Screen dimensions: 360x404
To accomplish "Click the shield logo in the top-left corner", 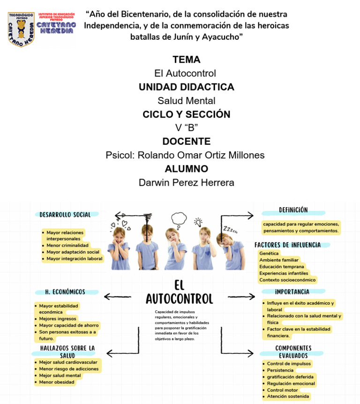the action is (21, 29).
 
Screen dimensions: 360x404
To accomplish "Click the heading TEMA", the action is (186, 60).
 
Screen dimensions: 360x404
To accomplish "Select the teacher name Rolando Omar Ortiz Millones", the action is (185, 155).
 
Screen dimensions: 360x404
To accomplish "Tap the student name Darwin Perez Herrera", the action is (186, 182).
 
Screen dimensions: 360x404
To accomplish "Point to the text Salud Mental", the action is (186, 100).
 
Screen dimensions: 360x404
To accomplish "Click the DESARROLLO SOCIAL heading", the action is (65, 215).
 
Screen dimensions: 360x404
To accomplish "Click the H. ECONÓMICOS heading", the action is (65, 292).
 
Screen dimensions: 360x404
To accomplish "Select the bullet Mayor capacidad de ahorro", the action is (69, 325).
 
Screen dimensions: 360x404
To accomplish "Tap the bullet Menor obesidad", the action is (56, 382).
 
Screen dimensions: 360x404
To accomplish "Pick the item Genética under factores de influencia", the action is (269, 253).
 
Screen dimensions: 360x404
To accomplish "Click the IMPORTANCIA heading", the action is (292, 292).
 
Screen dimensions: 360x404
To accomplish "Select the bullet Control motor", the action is (282, 390).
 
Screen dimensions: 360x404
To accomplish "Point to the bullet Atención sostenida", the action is (288, 397).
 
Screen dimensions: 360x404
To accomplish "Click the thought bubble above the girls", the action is (179, 218).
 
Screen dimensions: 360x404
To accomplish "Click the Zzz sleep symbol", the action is (230, 230).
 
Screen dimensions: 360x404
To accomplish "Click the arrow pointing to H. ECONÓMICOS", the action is (117, 296).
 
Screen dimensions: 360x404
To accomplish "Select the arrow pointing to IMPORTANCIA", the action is (241, 296).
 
